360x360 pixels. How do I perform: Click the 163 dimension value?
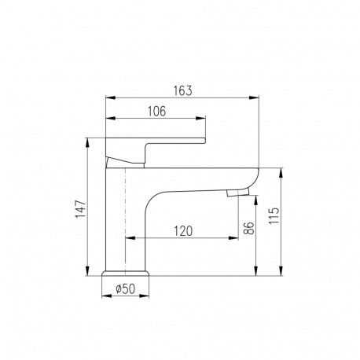coord(183,90)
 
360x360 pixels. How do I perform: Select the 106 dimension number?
coord(156,112)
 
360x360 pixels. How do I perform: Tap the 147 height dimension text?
coord(80,209)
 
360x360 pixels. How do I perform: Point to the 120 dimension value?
coord(183,231)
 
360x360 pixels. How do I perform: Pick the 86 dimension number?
coord(248,228)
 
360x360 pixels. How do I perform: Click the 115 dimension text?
coord(274,215)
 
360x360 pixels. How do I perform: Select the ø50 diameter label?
coord(126,288)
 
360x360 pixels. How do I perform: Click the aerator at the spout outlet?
coord(238,193)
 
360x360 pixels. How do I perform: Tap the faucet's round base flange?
coord(126,273)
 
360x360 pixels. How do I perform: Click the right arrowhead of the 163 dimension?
coord(254,97)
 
